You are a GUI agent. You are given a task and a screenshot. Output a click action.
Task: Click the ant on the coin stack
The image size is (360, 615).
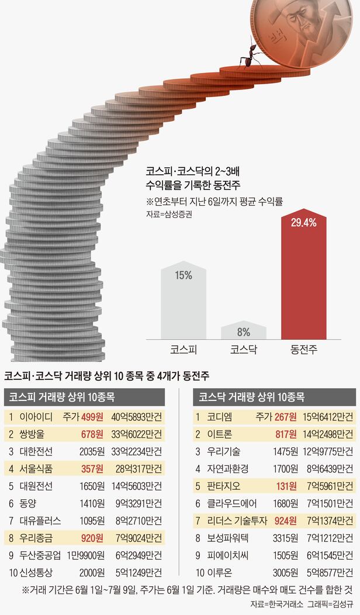(250, 56)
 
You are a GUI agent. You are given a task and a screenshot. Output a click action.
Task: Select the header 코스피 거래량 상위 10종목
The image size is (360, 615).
(61, 397)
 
